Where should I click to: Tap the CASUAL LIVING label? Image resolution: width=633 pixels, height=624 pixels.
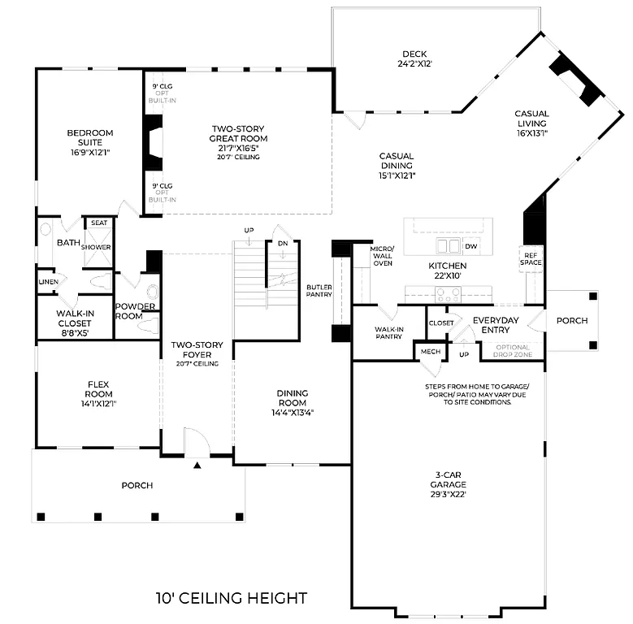(x=531, y=119)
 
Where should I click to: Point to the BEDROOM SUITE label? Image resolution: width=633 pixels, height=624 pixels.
(x=89, y=138)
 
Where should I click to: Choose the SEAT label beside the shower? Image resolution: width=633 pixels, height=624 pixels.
(x=98, y=223)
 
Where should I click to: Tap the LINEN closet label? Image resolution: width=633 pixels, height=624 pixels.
(x=47, y=281)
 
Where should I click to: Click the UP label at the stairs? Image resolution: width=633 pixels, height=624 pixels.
(x=249, y=231)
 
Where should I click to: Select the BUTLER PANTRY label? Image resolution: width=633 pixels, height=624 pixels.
(x=319, y=292)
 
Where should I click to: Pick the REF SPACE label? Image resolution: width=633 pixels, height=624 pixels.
(x=531, y=259)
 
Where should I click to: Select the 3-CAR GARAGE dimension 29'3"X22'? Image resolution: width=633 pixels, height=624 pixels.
(x=449, y=492)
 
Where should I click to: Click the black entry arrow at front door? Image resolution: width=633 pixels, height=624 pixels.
(x=197, y=466)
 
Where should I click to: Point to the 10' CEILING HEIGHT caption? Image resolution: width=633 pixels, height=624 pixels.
(x=232, y=599)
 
